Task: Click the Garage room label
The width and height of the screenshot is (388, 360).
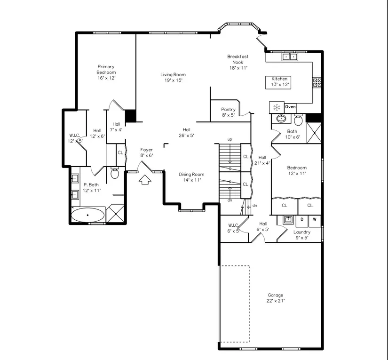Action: point(276,298)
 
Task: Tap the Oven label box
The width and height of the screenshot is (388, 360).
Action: point(290,107)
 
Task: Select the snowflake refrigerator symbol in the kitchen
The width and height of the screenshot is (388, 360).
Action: point(277,107)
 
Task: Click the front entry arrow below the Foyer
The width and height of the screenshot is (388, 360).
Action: point(145,179)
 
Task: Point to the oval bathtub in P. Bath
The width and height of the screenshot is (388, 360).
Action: point(88,216)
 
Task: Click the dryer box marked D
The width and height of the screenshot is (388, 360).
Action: point(301,219)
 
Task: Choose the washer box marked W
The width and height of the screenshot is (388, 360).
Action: point(314,219)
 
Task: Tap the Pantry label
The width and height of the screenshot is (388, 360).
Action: point(228,112)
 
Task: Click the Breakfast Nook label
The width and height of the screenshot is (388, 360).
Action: point(238,62)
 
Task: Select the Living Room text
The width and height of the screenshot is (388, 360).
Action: point(173,77)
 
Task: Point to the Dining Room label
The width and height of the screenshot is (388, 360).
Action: point(191,177)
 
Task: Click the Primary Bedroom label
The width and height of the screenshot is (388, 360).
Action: point(106,72)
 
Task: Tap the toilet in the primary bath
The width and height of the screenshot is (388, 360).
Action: point(114,173)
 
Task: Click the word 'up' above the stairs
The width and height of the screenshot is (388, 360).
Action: point(230,139)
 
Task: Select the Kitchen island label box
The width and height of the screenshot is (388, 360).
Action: point(279,82)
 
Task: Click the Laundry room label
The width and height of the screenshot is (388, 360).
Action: point(301,234)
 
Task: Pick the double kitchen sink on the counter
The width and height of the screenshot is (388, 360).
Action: point(289,57)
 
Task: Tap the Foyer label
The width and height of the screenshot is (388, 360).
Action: point(146,152)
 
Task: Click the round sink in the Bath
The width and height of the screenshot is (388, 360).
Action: point(281,119)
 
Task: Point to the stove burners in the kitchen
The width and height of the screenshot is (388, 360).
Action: point(317,82)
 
